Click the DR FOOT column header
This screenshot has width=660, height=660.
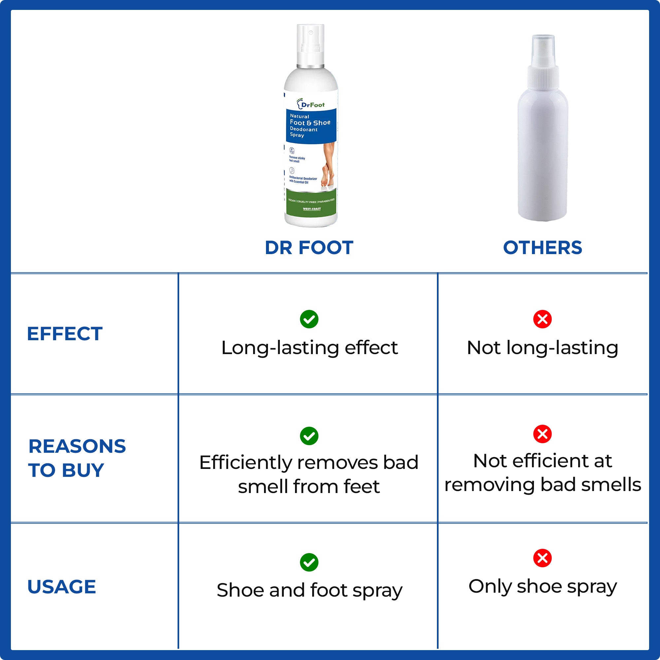click(309, 248)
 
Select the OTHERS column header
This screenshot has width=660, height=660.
click(543, 248)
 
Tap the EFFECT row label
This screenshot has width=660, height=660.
click(65, 334)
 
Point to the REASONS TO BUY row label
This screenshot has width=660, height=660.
click(77, 458)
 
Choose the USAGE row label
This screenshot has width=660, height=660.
click(61, 586)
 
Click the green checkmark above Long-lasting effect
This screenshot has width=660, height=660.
click(309, 319)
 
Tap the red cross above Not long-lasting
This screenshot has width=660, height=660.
click(543, 319)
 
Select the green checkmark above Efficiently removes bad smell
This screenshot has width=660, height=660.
click(309, 436)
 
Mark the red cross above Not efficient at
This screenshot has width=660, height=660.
click(543, 434)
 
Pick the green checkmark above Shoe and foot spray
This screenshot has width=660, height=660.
click(309, 562)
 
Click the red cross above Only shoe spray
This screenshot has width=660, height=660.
click(543, 558)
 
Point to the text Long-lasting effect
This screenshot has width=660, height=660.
click(310, 348)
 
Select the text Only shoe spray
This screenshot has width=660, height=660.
click(543, 586)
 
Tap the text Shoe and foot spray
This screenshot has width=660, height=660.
click(310, 590)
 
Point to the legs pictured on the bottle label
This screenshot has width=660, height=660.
click(328, 164)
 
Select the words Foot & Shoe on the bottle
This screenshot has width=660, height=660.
click(310, 123)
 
